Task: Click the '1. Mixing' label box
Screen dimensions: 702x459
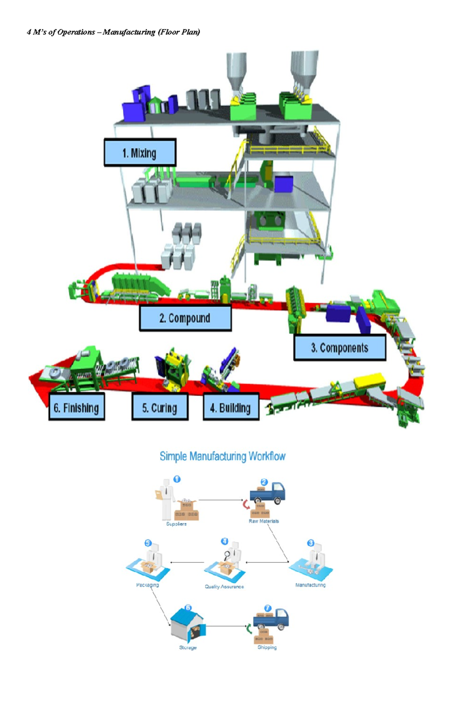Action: coord(140,153)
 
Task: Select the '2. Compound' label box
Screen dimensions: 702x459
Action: coord(185,318)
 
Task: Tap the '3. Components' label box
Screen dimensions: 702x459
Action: coord(340,347)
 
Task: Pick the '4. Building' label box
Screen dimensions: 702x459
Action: coord(231,407)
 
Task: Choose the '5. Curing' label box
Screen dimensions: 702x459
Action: coord(160,407)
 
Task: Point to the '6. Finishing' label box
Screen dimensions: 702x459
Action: coord(76,407)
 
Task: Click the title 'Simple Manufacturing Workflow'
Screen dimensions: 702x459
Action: coord(222,456)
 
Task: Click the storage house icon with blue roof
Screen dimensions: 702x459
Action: coord(187,626)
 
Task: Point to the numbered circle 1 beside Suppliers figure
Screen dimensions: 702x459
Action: coord(177,479)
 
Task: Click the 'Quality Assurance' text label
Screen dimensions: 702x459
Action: coord(224,586)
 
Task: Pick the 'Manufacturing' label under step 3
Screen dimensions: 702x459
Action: coord(310,585)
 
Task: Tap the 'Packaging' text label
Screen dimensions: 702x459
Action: coord(147,585)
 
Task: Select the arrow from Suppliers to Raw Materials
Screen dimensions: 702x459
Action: coord(221,500)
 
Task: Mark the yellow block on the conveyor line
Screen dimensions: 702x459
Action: coord(369,381)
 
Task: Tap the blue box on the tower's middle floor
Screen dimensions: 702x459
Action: coord(284,183)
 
